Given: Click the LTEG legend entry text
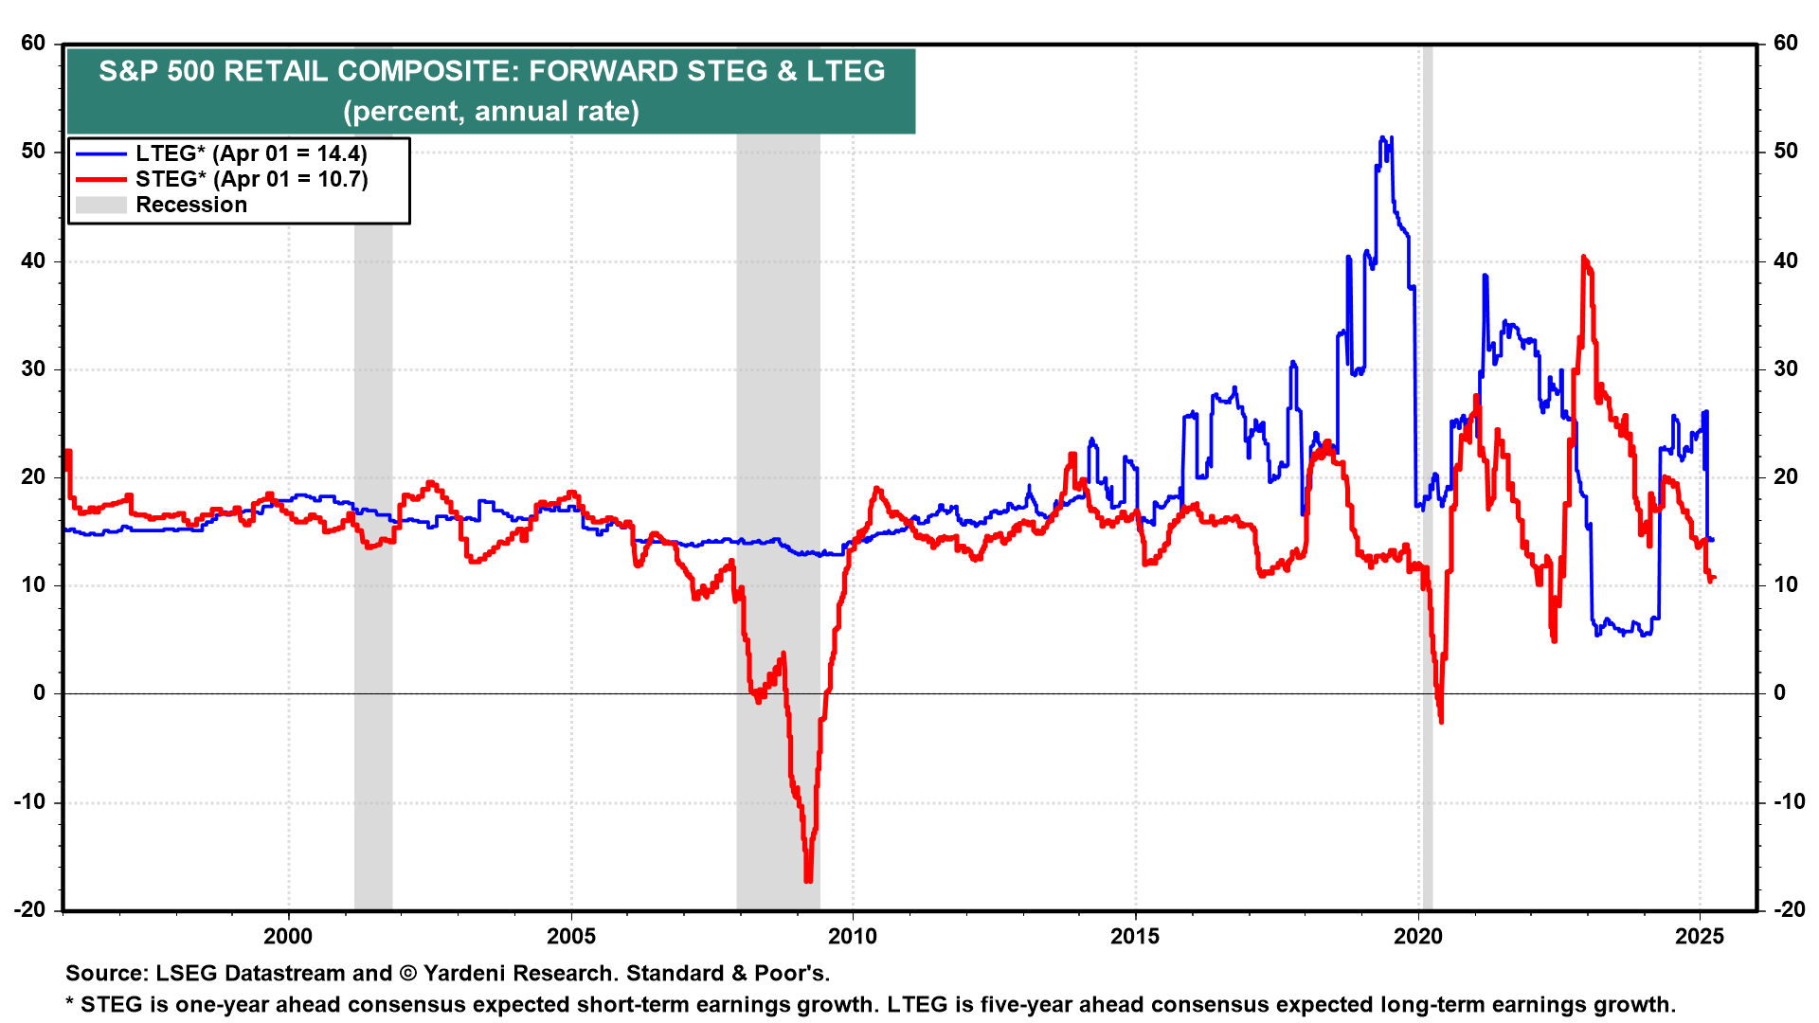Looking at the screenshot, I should click(251, 153).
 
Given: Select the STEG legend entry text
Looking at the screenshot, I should click(251, 179).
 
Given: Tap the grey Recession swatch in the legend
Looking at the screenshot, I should click(100, 205).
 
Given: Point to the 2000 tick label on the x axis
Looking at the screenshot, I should click(288, 937).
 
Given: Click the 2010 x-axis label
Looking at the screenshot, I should click(853, 937).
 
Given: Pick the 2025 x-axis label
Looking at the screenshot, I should click(1700, 937).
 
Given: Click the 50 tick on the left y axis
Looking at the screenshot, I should click(34, 152).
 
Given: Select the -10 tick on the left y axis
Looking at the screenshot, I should click(30, 801).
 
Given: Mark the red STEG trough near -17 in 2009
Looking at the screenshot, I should click(808, 879).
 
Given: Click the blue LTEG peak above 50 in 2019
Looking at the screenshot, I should click(1383, 139).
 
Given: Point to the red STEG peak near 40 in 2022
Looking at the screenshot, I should click(1584, 259).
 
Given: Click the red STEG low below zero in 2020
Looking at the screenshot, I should click(1441, 721).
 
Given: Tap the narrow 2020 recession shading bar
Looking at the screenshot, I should click(1427, 474).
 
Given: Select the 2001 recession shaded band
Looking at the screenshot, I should click(373, 568).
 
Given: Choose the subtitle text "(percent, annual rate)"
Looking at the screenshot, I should click(491, 112).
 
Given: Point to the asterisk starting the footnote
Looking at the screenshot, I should click(69, 1002).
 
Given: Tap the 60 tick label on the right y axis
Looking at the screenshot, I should click(1785, 43).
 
